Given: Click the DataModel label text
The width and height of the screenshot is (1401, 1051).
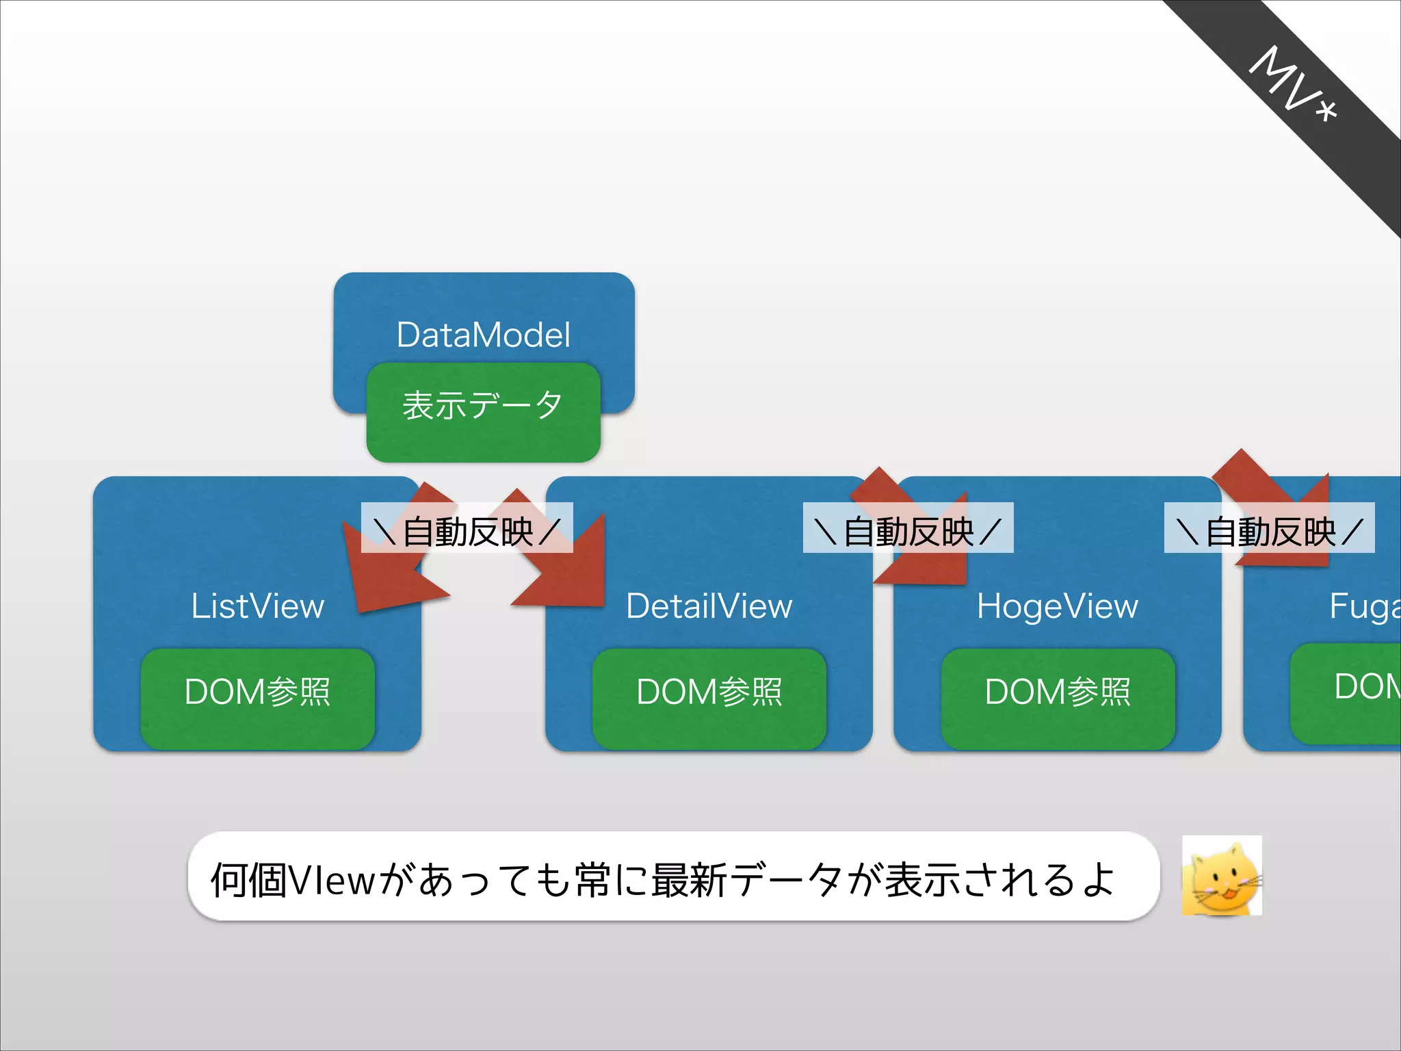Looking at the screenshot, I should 483,335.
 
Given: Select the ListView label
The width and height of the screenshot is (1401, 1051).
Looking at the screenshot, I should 257,606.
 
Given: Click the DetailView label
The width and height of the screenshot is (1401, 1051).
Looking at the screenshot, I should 709,606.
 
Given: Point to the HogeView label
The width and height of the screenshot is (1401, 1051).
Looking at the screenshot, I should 1057,606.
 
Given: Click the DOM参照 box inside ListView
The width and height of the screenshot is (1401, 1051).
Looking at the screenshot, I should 257,698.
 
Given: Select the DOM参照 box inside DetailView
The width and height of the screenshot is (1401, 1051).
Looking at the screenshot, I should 709,698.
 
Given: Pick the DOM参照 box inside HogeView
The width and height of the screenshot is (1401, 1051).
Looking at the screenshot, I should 1058,698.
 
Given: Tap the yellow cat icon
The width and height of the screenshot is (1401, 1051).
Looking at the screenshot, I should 1222,876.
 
